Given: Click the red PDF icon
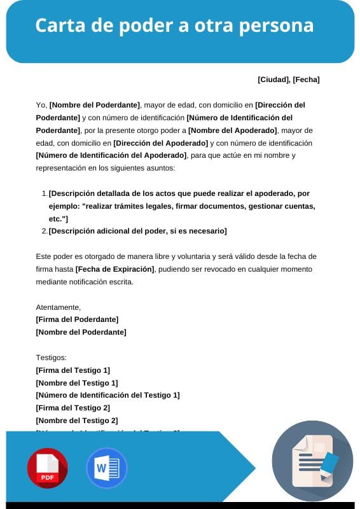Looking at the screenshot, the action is coord(48,468).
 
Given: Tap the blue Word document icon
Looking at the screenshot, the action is coord(106,468).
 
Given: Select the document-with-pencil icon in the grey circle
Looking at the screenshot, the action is coord(312,461).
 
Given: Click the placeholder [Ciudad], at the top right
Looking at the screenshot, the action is coord(274,80).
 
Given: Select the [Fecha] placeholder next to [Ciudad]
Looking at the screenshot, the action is coord(306,80).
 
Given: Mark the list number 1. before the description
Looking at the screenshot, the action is coord(45,193).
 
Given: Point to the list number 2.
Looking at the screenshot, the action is coord(45,231).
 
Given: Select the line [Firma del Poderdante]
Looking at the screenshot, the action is coord(77,319).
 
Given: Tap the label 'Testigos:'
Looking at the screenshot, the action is coord(52,358).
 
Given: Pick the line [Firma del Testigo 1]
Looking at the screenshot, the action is coord(73,370).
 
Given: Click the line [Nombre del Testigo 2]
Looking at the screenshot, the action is coord(77,421).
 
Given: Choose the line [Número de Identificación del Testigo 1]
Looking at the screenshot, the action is coord(108,395).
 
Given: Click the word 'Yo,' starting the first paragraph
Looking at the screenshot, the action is coord(41,105).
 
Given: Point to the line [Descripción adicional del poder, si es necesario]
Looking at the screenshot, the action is coord(137,231).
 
